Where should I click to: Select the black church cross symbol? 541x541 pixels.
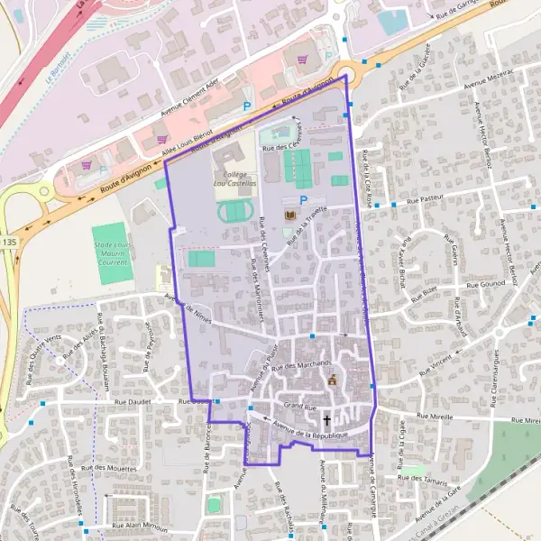326,420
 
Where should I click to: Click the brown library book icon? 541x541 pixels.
289,216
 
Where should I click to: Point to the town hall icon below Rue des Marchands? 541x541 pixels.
332,380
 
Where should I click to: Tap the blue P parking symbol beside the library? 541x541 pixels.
303,200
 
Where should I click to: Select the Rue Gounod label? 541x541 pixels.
484,285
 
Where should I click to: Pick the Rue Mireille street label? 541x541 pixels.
434,417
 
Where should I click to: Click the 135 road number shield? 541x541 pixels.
8,242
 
